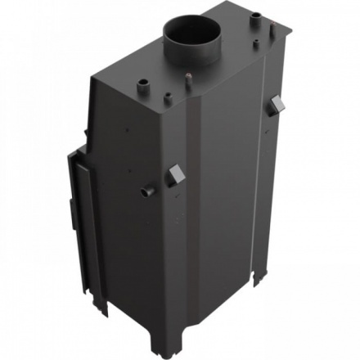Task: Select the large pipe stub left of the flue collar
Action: pos(144,84)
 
